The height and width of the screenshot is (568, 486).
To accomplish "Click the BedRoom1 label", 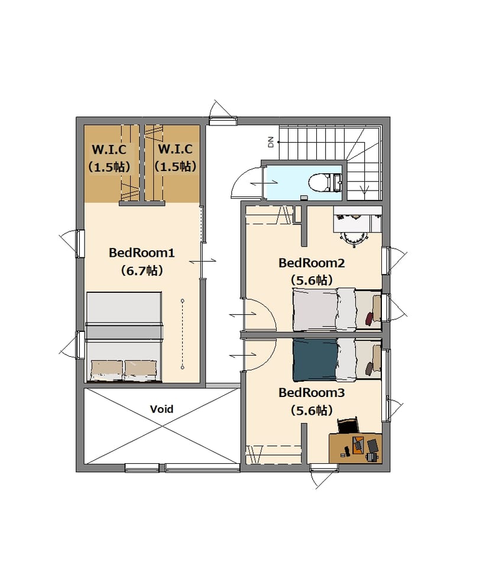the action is point(141,253).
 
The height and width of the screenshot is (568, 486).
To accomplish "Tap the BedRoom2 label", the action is point(311,263).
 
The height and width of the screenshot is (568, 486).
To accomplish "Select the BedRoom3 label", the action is point(311,393).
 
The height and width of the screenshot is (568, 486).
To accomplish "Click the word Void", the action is point(161,409).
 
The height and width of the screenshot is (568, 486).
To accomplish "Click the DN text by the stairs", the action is point(271,141).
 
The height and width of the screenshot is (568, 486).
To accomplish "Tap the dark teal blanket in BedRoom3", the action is point(315,360).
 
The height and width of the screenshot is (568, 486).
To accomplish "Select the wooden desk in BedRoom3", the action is point(355,448).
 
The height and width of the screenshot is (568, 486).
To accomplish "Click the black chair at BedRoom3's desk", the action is point(348,425).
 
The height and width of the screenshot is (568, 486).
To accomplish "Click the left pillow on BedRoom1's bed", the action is point(106,370).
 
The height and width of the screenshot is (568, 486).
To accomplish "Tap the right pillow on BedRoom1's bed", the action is point(140,370).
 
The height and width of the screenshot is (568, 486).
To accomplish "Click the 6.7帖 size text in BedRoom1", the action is point(141,270).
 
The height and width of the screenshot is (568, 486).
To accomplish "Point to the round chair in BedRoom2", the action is point(353,238).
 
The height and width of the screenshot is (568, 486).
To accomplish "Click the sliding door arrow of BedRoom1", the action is point(203,261).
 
